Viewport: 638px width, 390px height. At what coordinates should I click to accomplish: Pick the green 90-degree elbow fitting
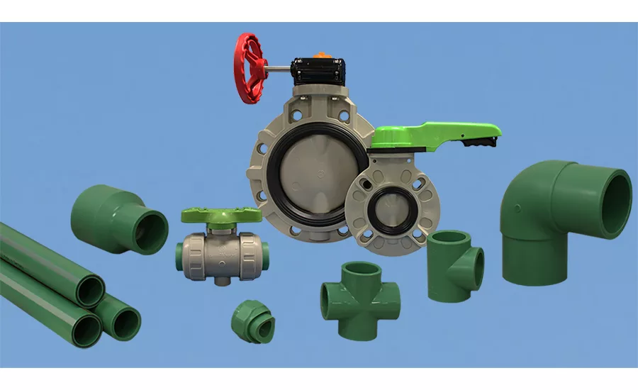[x=560, y=220]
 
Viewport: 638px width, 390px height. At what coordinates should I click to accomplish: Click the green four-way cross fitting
[x=360, y=291]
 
